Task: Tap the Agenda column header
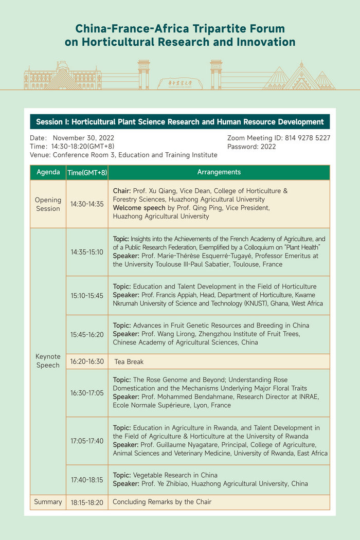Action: click(48, 172)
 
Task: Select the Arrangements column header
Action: click(219, 172)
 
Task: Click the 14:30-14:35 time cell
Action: click(86, 204)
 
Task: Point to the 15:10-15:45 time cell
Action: click(86, 296)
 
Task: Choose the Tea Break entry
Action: click(129, 362)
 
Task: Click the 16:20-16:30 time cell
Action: click(86, 362)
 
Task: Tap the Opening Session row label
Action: click(48, 204)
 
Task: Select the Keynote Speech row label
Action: click(48, 361)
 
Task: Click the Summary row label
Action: click(48, 502)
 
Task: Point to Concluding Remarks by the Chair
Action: click(162, 502)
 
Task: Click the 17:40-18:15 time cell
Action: click(86, 479)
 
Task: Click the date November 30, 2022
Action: click(83, 138)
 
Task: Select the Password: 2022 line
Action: click(251, 147)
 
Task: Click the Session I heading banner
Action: click(179, 122)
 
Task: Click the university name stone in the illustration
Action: click(179, 83)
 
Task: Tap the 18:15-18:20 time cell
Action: click(86, 502)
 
